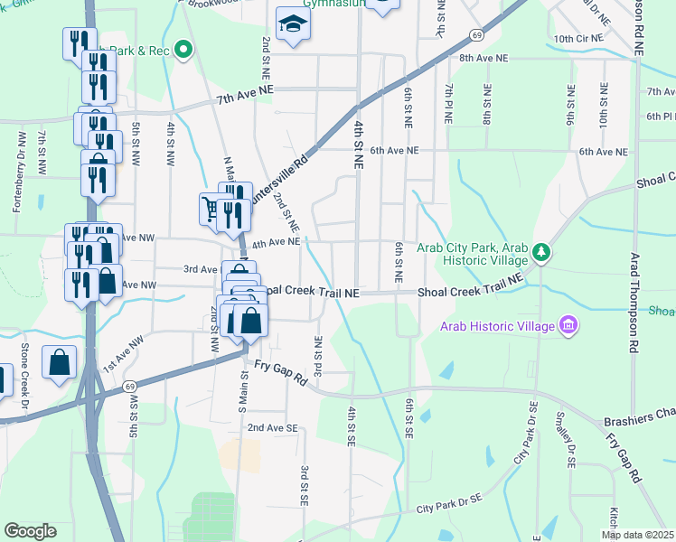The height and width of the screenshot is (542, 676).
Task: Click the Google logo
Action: pos(31,531)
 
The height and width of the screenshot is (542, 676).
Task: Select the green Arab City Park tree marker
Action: pos(540,251)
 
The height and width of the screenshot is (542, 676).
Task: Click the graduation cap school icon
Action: pos(292,24)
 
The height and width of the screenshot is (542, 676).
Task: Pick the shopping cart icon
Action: pos(211,209)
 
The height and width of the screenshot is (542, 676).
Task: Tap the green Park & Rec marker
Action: pos(183,50)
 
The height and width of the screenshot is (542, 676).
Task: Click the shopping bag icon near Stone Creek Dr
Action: pos(59,363)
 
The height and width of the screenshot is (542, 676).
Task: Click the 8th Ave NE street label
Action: pos(484,58)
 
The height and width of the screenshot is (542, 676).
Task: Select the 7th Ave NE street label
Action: pos(244,89)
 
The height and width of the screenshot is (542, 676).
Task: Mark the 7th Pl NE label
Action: pos(448,102)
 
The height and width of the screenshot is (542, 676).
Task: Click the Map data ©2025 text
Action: pos(636,535)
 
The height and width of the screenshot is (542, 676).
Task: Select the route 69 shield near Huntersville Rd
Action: pos(475,34)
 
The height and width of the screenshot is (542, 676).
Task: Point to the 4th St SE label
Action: pos(351,425)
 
